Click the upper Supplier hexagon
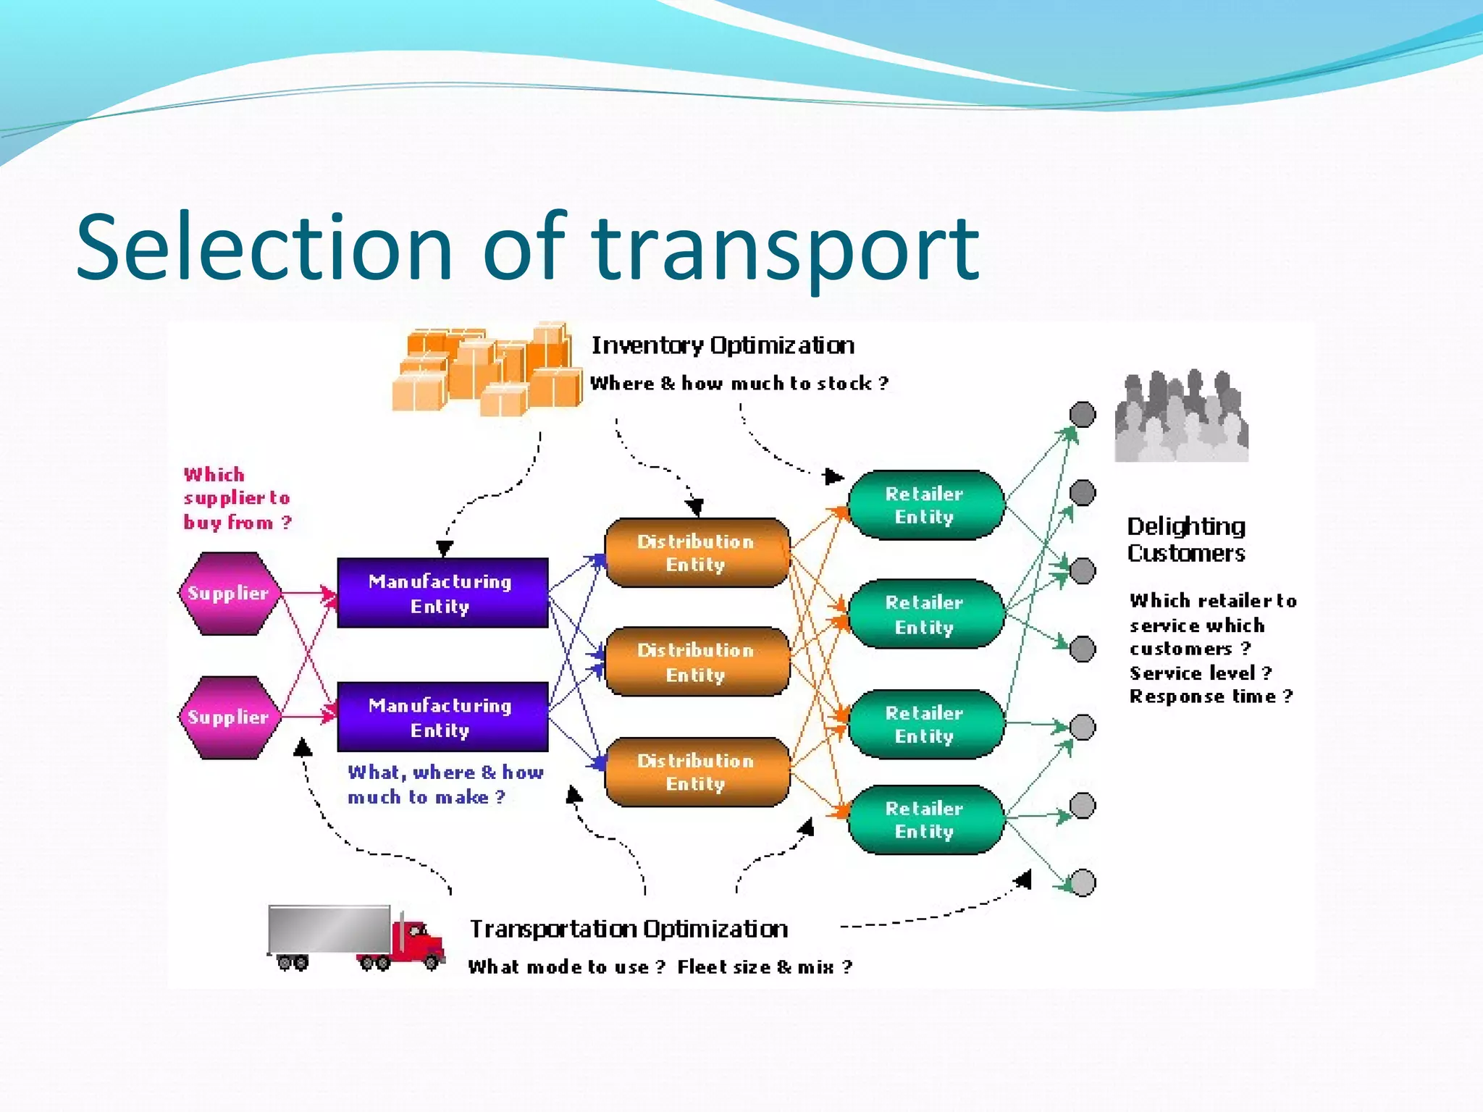[229, 594]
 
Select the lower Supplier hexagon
[229, 717]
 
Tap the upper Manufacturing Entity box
[442, 593]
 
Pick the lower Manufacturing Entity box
[442, 717]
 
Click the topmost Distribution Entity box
[697, 552]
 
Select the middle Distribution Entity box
[697, 662]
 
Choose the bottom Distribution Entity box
[697, 772]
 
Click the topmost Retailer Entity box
[925, 505]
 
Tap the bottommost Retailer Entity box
[925, 820]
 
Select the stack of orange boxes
[487, 369]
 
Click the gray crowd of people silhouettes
[1181, 418]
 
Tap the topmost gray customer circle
[1083, 415]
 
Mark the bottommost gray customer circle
[1083, 883]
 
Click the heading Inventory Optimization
[723, 345]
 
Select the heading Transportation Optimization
[629, 929]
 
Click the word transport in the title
[786, 248]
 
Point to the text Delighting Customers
[1185, 539]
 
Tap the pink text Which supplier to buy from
[237, 499]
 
